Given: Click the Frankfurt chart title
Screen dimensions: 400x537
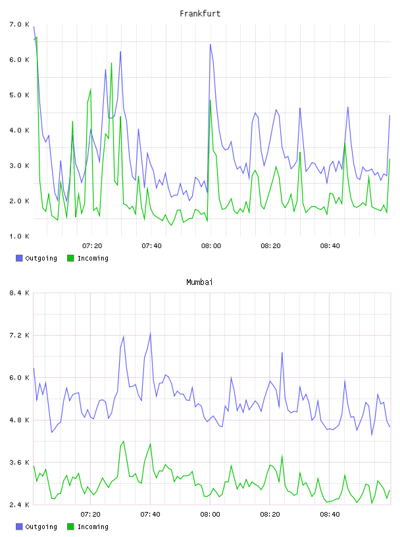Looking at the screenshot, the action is point(200,14).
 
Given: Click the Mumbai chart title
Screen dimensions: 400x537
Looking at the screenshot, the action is point(199,282).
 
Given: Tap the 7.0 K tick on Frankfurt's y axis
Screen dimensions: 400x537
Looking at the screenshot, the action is point(20,24).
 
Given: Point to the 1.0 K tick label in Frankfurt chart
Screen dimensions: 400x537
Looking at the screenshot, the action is point(20,236).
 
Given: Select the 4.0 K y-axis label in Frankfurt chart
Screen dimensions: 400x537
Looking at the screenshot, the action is point(20,130).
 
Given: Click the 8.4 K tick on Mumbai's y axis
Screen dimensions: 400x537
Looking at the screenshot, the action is point(20,293).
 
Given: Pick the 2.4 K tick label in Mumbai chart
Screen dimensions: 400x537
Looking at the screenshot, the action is point(20,505).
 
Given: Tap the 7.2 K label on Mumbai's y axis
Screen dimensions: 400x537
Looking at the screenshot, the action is point(20,335).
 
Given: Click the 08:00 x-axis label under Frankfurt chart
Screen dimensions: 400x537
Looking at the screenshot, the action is point(211,246).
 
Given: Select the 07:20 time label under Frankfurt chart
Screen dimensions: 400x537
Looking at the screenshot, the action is point(92,246).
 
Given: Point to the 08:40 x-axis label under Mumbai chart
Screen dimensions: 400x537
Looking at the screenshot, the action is point(330,515).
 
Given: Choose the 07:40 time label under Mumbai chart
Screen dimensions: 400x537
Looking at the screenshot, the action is point(151,515).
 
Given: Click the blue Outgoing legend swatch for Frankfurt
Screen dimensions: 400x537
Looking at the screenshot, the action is point(19,258).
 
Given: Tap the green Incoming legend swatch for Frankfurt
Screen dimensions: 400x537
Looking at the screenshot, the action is point(70,258).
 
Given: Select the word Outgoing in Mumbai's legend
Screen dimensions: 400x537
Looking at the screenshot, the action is point(41,526).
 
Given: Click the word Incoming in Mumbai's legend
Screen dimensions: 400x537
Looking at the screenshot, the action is point(93,526).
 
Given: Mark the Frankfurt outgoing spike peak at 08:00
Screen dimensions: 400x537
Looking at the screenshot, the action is point(211,44).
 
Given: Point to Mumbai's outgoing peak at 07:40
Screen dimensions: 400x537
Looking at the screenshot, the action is point(151,333).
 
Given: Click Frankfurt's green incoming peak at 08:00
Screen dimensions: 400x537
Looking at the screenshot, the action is point(211,100).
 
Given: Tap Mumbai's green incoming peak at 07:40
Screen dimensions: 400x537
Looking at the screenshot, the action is point(151,444).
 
